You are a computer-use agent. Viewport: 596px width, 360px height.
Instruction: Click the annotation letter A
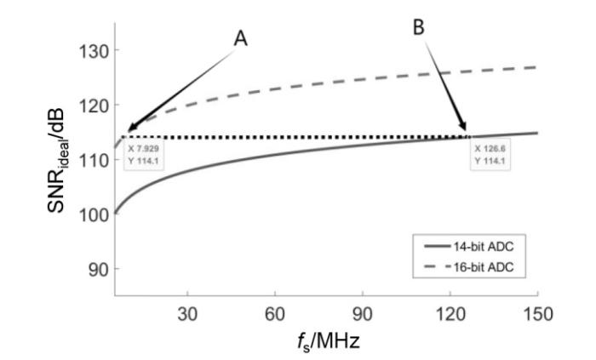coord(240,38)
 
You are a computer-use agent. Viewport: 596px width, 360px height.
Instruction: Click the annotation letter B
coord(419,27)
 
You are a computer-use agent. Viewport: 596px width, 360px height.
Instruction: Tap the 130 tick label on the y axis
coord(93,50)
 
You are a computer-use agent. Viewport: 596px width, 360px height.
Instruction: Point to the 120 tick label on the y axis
coord(93,106)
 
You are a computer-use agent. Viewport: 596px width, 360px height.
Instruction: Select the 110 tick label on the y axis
coord(93,160)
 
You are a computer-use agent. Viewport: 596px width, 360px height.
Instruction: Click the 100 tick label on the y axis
coord(93,214)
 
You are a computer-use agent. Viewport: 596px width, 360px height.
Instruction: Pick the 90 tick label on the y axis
coord(99,269)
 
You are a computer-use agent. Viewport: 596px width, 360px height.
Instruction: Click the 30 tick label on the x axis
coord(187,315)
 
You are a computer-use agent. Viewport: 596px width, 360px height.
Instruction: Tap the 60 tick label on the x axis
coord(275,315)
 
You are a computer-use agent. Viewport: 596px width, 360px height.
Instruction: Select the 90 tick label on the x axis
coord(363,315)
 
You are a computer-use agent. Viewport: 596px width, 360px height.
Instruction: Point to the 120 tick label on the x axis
coord(450,315)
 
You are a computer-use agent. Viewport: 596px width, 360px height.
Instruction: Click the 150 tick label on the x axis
coord(538,315)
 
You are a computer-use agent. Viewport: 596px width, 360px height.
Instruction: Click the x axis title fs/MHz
coord(329,341)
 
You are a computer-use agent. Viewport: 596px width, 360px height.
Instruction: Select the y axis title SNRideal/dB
coord(56,161)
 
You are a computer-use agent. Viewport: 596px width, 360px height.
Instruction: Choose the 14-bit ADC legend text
coord(484,247)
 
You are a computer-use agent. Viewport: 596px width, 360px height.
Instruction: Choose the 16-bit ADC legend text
coord(484,267)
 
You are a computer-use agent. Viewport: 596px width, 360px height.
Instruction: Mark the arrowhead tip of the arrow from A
coord(128,132)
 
